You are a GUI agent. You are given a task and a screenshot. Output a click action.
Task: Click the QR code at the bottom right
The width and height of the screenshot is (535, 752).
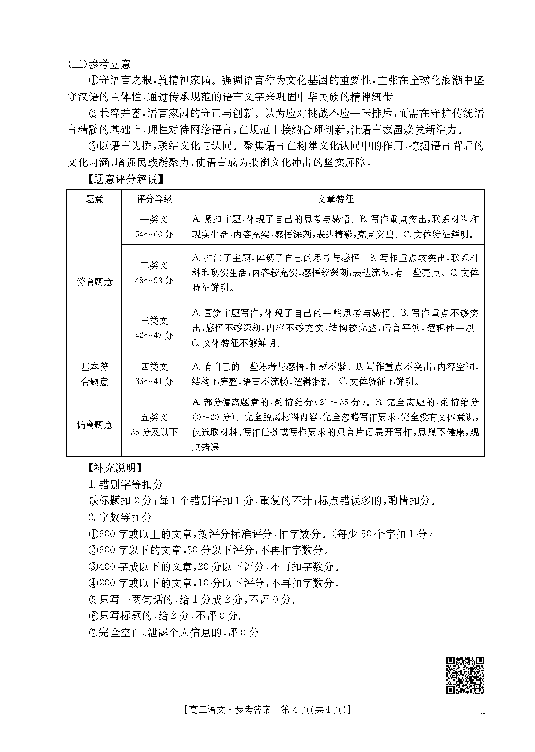(465, 675)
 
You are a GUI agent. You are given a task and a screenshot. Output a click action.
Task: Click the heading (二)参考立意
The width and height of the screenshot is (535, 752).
(99, 64)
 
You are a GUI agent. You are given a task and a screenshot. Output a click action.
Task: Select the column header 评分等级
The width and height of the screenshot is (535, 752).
(154, 199)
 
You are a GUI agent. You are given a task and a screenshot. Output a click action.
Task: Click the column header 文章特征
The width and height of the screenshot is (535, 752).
(335, 199)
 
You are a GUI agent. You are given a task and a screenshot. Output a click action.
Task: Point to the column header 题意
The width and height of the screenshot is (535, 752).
(94, 199)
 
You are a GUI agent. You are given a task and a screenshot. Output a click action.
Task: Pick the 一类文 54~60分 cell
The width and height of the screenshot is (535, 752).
(154, 227)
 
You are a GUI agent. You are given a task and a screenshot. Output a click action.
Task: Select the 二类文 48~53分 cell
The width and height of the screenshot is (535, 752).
(154, 273)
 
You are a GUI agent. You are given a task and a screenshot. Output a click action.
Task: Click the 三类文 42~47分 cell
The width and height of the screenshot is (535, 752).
(154, 328)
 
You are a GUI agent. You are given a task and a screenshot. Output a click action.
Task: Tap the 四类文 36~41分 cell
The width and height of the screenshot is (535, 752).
(154, 374)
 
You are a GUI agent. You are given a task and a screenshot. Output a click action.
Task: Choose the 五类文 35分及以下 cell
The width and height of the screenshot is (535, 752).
(154, 424)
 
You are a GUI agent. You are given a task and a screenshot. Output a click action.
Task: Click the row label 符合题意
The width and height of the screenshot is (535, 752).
(94, 282)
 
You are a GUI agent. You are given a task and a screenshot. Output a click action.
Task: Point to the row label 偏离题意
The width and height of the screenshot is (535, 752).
(94, 424)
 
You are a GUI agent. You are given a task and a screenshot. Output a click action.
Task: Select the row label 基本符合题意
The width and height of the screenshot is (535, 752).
(94, 374)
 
